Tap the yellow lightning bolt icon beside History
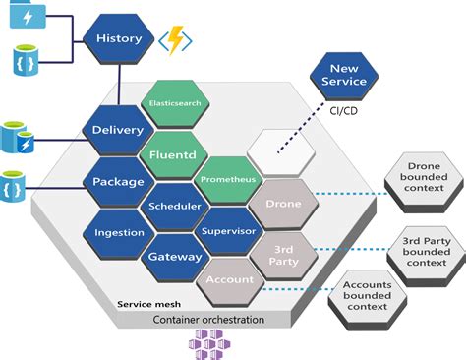pos(177,40)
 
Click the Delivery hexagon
pos(117,130)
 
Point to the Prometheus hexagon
pos(227,180)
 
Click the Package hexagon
pos(117,181)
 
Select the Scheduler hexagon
pos(174,207)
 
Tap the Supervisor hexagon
pos(228,231)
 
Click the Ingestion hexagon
pos(119,232)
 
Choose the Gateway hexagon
pos(174,257)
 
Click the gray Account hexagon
pos(228,279)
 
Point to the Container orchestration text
pos(207,321)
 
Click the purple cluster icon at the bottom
pos(206,344)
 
